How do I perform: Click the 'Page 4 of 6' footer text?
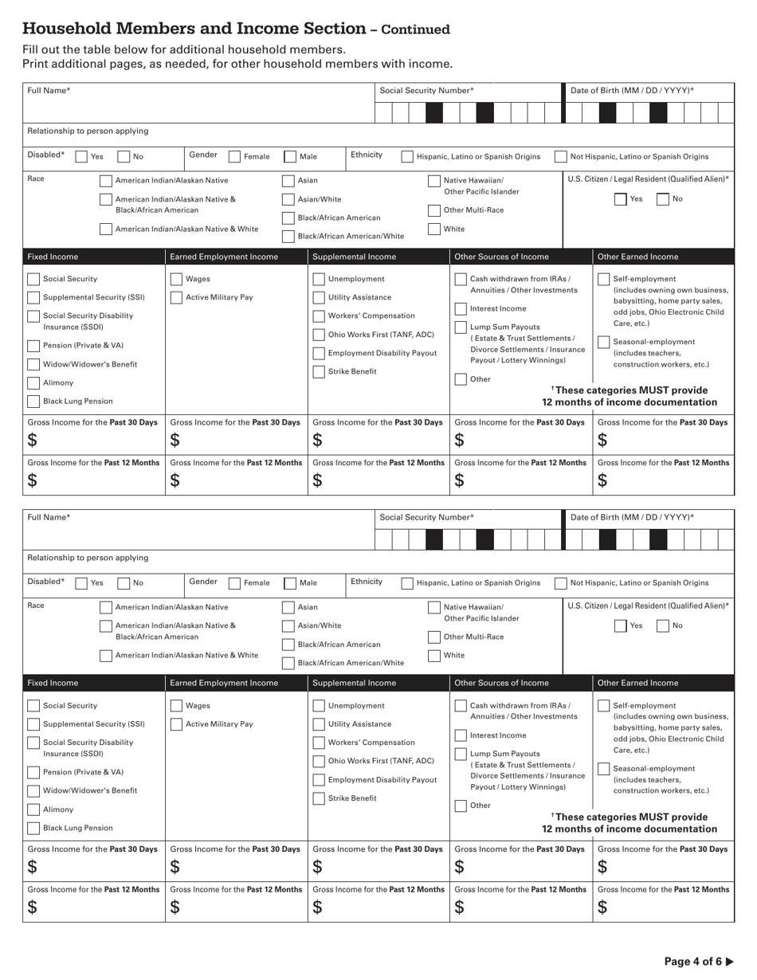point(692,961)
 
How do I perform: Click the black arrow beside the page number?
point(729,961)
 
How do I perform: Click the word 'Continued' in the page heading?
point(415,30)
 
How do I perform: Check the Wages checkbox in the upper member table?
point(177,280)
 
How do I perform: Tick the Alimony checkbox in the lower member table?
point(33,809)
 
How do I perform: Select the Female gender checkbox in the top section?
point(235,157)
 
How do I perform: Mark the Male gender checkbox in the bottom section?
point(291,583)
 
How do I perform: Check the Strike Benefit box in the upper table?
point(319,372)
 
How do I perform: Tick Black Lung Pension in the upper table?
point(33,402)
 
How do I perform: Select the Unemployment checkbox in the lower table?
point(319,706)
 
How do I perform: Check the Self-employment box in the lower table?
point(604,706)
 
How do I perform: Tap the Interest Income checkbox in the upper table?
point(461,309)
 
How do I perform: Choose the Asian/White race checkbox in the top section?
point(288,199)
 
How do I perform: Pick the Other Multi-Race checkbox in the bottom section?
point(434,637)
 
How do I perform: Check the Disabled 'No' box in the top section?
point(124,157)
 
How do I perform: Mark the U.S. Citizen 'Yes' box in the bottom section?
point(621,625)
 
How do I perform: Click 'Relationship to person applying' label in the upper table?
point(88,131)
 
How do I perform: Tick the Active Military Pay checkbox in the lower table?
point(177,724)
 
